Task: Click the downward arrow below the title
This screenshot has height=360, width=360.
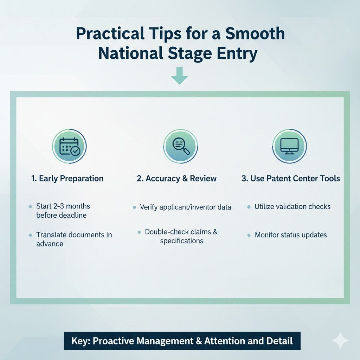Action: (180, 78)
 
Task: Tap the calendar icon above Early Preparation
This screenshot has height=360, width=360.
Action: (70, 146)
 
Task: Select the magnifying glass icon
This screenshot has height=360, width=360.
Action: (181, 146)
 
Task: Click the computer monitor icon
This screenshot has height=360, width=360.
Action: (289, 146)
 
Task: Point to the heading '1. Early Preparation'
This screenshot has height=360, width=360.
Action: (67, 179)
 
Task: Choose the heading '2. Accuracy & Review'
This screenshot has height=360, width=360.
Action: (176, 179)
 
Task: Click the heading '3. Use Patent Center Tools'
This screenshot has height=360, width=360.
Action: (291, 179)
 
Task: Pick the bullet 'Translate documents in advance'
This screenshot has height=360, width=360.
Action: (74, 239)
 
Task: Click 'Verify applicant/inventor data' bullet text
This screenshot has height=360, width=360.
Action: (186, 207)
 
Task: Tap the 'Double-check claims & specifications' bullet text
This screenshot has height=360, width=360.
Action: (181, 236)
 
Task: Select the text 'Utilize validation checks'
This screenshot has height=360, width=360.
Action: (292, 207)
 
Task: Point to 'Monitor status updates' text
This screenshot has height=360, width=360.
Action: (291, 235)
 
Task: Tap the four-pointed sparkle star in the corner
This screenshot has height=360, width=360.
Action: (340, 340)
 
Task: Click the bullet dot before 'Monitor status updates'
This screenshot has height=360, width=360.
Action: (249, 235)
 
